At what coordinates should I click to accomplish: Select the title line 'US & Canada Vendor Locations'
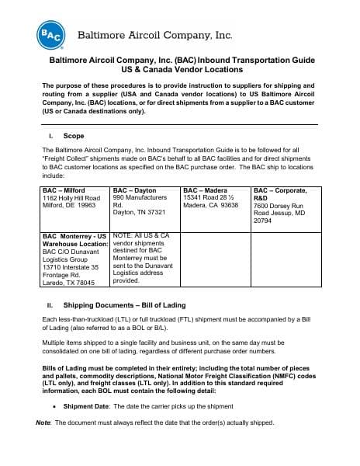point(179,69)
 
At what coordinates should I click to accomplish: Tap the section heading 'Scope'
point(74,135)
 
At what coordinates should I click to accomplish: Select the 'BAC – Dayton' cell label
point(134,190)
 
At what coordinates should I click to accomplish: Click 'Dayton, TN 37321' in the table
point(140,213)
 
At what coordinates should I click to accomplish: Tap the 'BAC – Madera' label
point(206,190)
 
